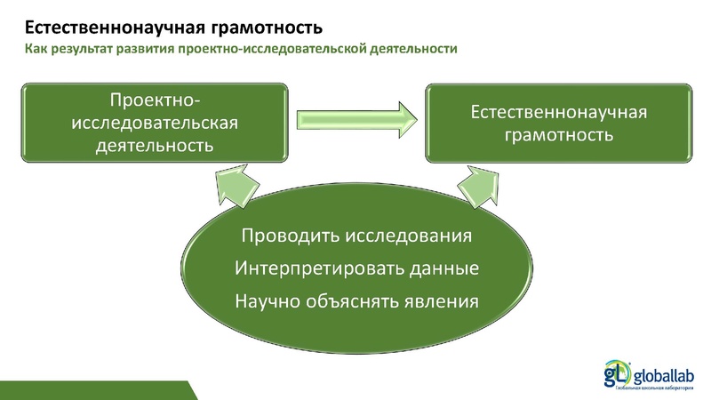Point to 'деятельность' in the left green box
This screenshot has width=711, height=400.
[x=154, y=143]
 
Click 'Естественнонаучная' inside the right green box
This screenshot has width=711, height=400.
[x=557, y=113]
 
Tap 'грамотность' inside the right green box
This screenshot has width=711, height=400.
[x=557, y=136]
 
